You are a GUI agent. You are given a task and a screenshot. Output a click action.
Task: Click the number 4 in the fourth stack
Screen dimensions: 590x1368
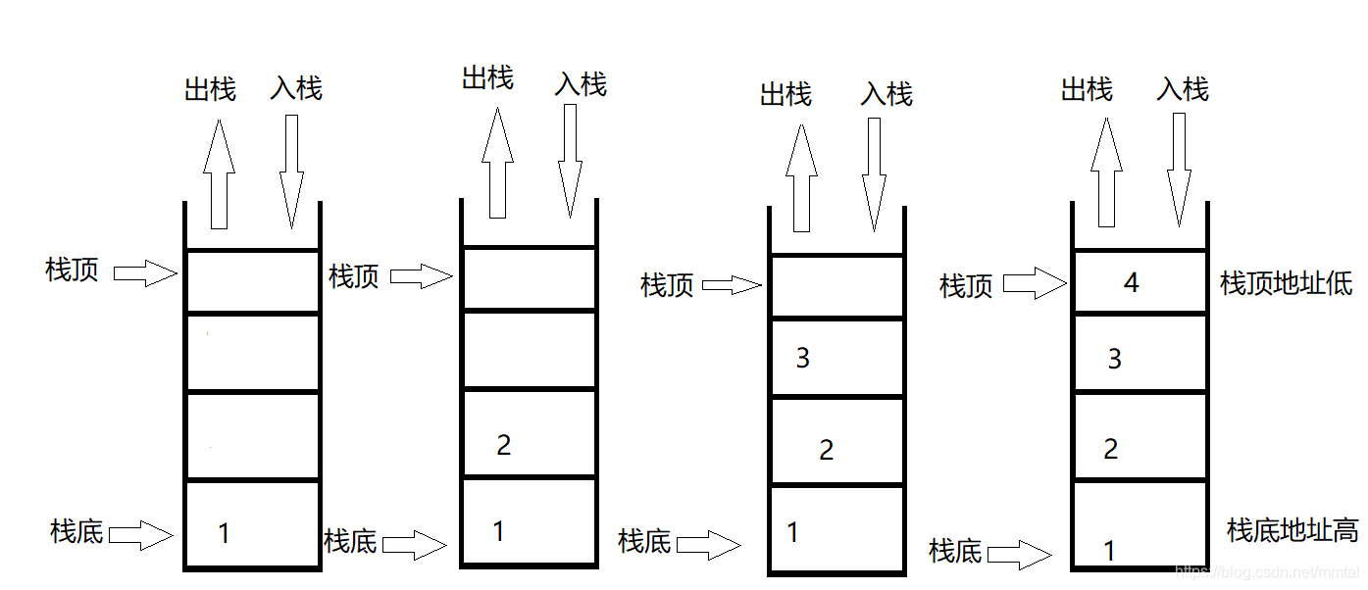pos(1132,283)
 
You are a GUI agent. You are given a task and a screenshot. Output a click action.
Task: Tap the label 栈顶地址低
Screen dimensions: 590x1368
pos(1286,284)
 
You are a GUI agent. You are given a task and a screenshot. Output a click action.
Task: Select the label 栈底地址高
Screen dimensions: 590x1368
pos(1292,530)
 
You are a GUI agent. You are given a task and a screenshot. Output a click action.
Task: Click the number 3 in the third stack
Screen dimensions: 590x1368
pos(803,359)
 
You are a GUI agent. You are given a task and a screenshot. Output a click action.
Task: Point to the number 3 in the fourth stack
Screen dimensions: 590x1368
pos(1114,360)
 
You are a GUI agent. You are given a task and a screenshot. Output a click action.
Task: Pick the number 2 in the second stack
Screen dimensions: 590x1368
pos(504,445)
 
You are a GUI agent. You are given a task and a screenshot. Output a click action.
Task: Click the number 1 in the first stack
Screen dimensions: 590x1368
pos(224,533)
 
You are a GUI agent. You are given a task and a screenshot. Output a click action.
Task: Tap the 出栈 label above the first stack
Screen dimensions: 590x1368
pos(210,90)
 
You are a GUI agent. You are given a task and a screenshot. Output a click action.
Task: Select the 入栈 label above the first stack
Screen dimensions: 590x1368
pos(296,89)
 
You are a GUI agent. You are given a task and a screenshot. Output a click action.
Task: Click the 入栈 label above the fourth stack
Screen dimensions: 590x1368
pos(1183,90)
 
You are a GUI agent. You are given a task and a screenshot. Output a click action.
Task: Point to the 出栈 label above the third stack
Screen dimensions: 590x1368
pos(786,95)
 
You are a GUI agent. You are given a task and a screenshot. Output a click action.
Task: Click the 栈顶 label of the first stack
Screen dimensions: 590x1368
pos(73,270)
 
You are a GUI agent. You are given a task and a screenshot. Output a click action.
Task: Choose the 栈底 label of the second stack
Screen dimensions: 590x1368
pos(350,541)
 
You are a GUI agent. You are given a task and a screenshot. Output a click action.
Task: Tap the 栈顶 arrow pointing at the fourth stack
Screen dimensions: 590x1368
pos(1035,285)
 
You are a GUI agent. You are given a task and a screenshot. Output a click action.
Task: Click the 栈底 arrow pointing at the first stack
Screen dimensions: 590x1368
pos(141,535)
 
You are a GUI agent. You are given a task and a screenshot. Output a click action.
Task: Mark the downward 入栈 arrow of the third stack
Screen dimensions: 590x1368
pos(875,175)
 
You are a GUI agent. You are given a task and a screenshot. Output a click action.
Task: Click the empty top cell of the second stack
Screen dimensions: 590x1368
pos(529,278)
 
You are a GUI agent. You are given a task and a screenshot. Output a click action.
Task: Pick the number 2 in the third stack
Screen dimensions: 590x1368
pos(827,450)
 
